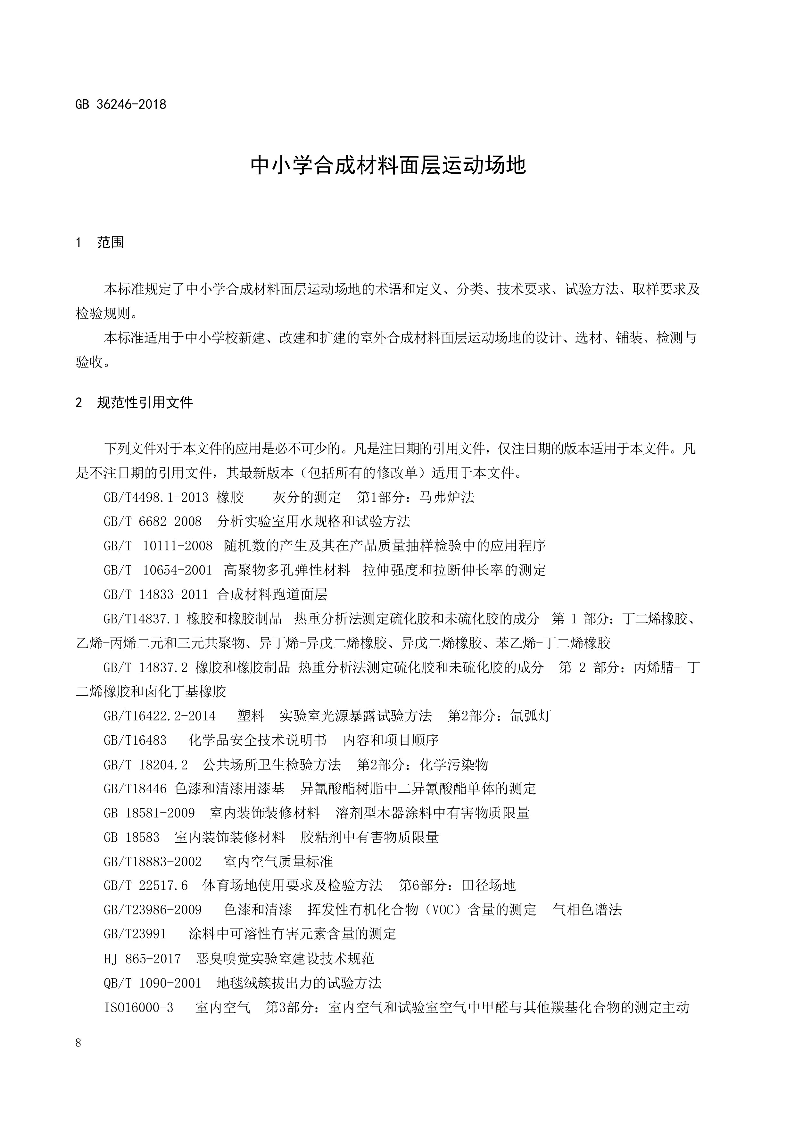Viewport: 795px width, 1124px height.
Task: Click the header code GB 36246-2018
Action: click(x=121, y=104)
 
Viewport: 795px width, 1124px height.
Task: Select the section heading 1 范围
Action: click(x=100, y=242)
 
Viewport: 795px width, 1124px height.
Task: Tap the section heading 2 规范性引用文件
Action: click(x=135, y=402)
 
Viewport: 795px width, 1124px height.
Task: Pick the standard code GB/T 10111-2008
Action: click(x=158, y=546)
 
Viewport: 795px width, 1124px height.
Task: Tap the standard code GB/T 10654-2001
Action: click(x=158, y=570)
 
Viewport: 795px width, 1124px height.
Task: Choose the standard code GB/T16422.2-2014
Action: click(x=159, y=716)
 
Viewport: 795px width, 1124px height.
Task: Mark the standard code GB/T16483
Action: click(x=135, y=740)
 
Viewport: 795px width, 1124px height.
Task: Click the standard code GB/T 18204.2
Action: click(x=145, y=765)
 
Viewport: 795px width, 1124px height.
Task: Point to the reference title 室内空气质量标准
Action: click(x=278, y=862)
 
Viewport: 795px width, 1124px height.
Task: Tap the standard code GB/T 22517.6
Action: click(x=145, y=886)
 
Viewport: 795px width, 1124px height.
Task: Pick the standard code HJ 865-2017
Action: click(x=142, y=959)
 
